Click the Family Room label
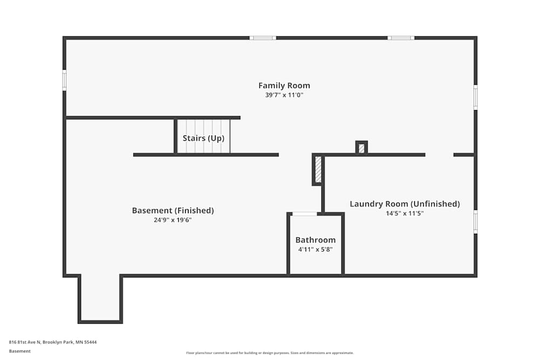(284, 85)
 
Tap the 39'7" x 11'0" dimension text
(284, 95)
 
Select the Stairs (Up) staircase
(204, 137)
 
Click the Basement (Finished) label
(173, 210)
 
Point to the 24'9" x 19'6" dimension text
(173, 220)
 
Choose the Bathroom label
(315, 240)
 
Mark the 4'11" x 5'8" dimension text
(315, 249)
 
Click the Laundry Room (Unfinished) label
(404, 204)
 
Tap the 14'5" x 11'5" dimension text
(404, 213)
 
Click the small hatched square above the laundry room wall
(361, 148)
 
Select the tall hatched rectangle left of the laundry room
(319, 169)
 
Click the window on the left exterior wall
(64, 80)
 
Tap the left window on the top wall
(262, 38)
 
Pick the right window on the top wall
(401, 38)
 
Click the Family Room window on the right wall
(475, 98)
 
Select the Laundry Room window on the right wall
(475, 221)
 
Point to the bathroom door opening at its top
(305, 214)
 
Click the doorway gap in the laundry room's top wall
(439, 155)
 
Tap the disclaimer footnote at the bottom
(269, 353)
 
